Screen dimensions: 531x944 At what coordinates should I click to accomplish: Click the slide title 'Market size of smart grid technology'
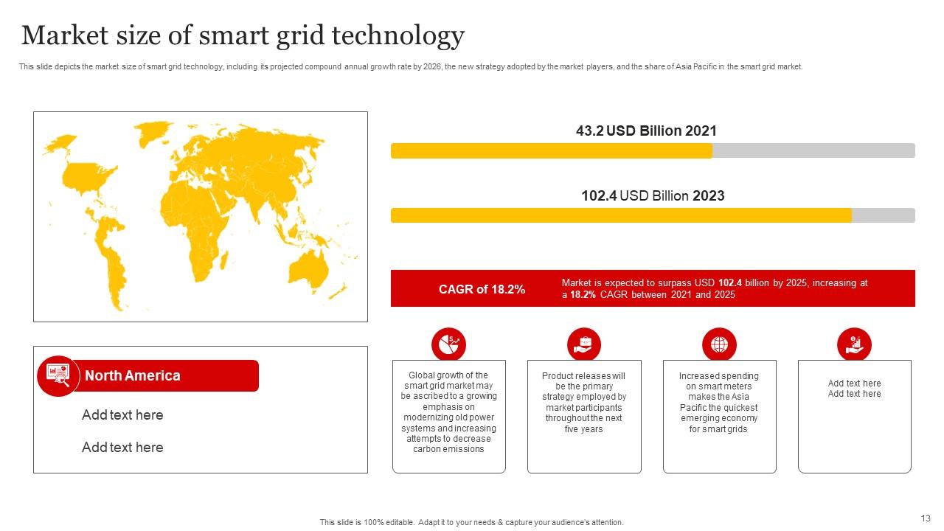pyautogui.click(x=243, y=35)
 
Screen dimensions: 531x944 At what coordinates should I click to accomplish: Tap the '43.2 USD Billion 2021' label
pyautogui.click(x=646, y=131)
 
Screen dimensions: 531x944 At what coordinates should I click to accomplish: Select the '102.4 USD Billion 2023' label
pyautogui.click(x=653, y=195)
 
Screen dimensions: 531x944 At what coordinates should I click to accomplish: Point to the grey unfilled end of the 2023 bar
pyautogui.click(x=883, y=215)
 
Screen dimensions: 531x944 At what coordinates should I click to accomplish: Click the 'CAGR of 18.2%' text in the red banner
pyautogui.click(x=482, y=289)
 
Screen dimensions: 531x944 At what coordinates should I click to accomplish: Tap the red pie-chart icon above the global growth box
pyautogui.click(x=448, y=344)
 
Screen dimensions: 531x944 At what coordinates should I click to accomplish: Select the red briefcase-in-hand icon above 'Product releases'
pyautogui.click(x=584, y=344)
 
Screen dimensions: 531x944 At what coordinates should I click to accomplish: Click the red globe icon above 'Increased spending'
pyautogui.click(x=719, y=344)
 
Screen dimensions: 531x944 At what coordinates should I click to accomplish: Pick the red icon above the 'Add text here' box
pyautogui.click(x=854, y=344)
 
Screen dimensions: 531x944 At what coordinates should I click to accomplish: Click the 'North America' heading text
pyautogui.click(x=132, y=375)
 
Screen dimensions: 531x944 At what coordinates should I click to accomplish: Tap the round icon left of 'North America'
pyautogui.click(x=58, y=376)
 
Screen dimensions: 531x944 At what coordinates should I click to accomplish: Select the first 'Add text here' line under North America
pyautogui.click(x=122, y=415)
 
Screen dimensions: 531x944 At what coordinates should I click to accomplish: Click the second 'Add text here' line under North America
pyautogui.click(x=122, y=448)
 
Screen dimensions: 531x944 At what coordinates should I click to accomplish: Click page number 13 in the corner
pyautogui.click(x=926, y=518)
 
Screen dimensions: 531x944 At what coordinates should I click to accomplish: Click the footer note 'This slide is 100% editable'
pyautogui.click(x=471, y=522)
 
